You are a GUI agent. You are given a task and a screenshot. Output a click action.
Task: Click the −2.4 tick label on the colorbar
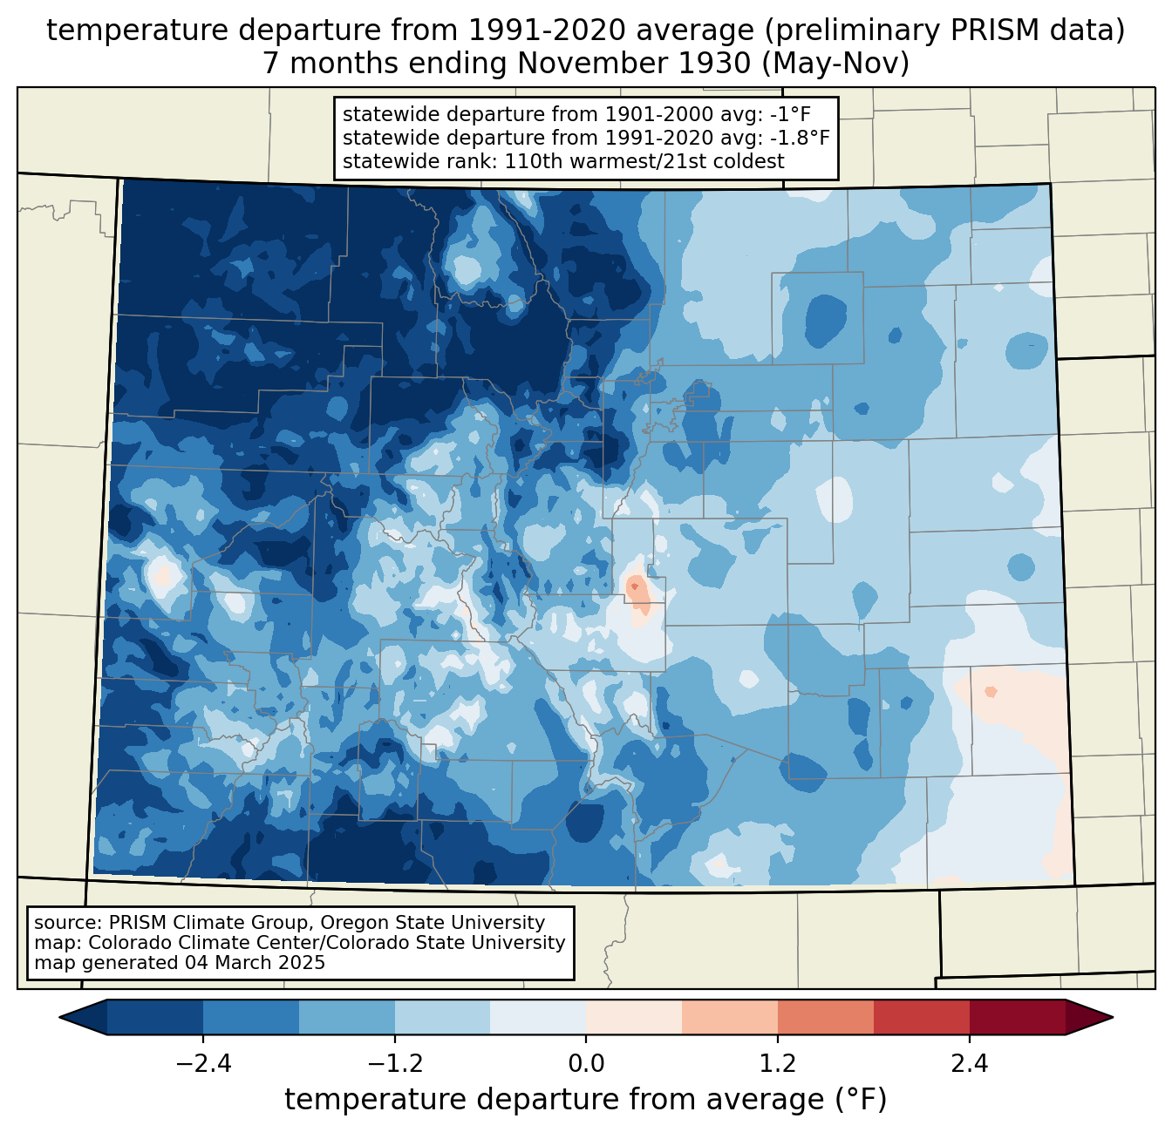coord(203,1064)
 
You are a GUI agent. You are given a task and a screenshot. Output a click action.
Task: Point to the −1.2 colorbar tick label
coord(394,1064)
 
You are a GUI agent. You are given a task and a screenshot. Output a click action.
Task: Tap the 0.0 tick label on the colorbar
coord(586,1064)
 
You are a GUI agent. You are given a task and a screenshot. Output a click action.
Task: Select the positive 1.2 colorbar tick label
coord(778,1064)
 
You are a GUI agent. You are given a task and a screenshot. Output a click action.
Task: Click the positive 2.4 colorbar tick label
coord(969,1064)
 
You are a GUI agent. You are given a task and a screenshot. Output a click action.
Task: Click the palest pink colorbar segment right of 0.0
coord(634,1017)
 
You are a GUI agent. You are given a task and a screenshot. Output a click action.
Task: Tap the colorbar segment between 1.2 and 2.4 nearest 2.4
coord(921,1017)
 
